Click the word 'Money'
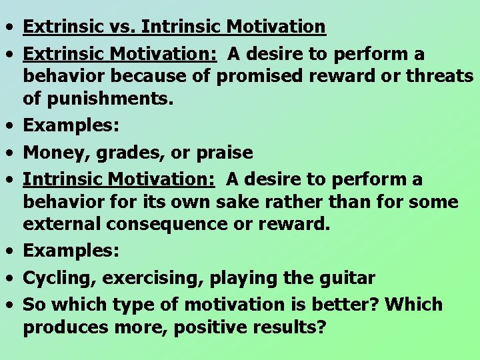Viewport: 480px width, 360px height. pyautogui.click(x=55, y=153)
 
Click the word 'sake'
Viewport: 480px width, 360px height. pyautogui.click(x=255, y=202)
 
